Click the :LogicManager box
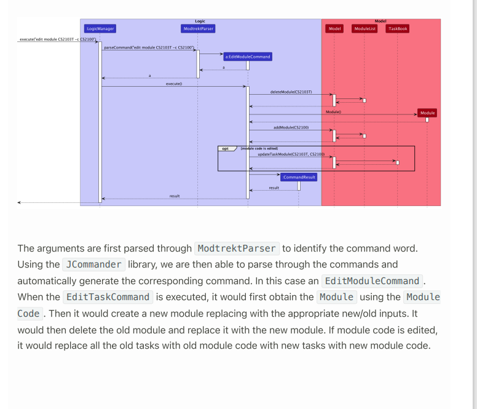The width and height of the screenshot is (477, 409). [x=100, y=28]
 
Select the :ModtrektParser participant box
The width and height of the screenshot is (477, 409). [x=198, y=28]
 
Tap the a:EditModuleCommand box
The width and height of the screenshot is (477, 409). [x=247, y=56]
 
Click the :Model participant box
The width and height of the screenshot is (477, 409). [x=334, y=28]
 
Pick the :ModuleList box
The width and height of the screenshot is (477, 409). [x=365, y=28]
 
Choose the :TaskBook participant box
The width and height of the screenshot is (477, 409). [x=397, y=28]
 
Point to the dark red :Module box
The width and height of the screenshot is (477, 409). [x=427, y=113]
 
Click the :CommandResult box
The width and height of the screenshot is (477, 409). [x=299, y=177]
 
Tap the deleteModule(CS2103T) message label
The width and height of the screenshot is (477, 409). [x=291, y=92]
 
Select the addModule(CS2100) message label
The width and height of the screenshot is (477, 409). [x=291, y=127]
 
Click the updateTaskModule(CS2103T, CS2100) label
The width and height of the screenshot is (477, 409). [x=291, y=154]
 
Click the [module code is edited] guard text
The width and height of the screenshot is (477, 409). [x=259, y=148]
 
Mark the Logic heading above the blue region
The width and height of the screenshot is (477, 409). [x=200, y=21]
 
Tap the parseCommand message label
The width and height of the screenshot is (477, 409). [x=149, y=47]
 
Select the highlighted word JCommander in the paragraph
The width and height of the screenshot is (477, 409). [x=94, y=264]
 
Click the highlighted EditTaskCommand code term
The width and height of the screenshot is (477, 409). [x=108, y=297]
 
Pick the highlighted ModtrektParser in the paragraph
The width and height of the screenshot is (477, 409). [x=237, y=248]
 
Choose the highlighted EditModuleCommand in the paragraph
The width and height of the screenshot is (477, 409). [x=372, y=281]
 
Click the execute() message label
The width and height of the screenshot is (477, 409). [x=174, y=84]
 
